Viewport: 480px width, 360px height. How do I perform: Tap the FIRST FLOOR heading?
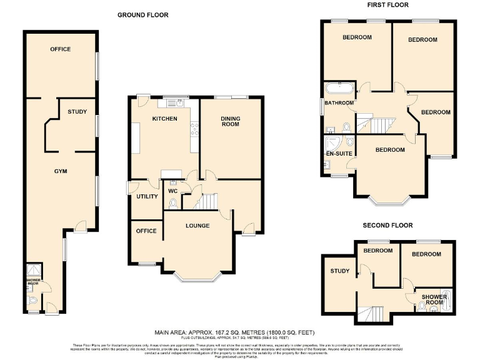tap(387, 5)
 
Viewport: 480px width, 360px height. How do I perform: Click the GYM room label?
tap(60, 171)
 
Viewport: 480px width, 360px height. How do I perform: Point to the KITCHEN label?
tap(165, 119)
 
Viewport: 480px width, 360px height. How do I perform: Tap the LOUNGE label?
tap(197, 226)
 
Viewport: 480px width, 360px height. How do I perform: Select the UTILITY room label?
tap(147, 196)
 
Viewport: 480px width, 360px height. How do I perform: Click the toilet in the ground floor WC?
tap(173, 202)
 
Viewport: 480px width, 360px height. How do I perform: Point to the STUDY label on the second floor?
tap(340, 271)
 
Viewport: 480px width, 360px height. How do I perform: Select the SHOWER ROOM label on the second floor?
tap(432, 299)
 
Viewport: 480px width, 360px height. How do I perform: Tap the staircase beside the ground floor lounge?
tap(205, 201)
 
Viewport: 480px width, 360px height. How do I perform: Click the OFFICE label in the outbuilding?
tap(61, 49)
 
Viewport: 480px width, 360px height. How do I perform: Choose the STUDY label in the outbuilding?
tap(77, 112)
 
